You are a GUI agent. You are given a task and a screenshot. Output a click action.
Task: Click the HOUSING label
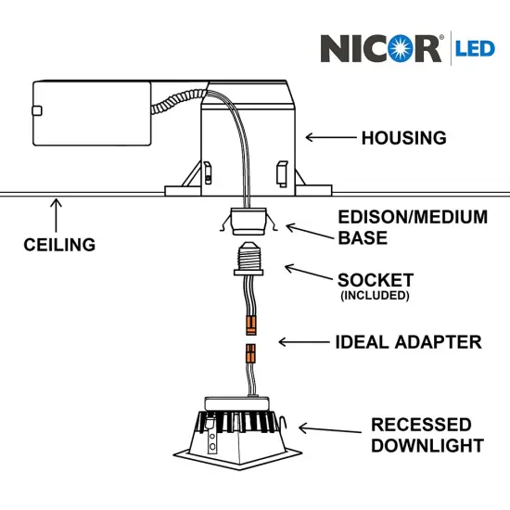tap(403, 138)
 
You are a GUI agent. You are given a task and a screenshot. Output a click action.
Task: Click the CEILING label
tap(59, 245)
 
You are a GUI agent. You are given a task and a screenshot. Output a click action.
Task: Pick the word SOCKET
tap(376, 279)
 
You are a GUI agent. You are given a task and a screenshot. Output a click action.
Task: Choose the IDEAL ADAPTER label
tap(408, 342)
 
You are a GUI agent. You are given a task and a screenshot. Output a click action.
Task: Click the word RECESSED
tap(421, 426)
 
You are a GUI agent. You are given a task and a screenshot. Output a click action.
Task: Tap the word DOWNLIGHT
tap(427, 446)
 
